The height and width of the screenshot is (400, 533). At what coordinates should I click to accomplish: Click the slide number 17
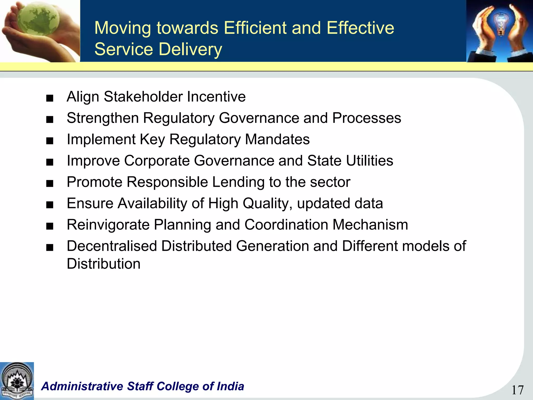pos(517,390)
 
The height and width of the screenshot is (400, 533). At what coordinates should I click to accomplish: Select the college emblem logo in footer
pos(17,380)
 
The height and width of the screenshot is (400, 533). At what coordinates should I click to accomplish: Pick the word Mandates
pos(277,139)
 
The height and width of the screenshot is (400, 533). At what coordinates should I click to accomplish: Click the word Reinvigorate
pos(108,225)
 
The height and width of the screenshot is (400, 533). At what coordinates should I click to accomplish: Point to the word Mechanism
pos(370,224)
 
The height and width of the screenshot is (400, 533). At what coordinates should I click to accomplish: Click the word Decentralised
pos(112,246)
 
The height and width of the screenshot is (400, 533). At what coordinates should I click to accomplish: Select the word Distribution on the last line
pos(104,264)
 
